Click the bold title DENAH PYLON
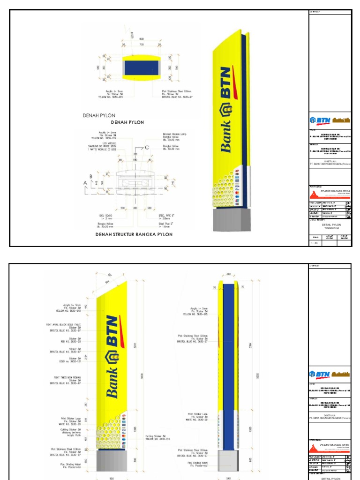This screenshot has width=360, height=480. click(x=127, y=122)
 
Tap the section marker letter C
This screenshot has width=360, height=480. click(x=147, y=148)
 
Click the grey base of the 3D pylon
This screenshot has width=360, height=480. click(x=228, y=219)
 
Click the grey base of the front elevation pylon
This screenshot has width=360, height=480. click(x=111, y=461)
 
